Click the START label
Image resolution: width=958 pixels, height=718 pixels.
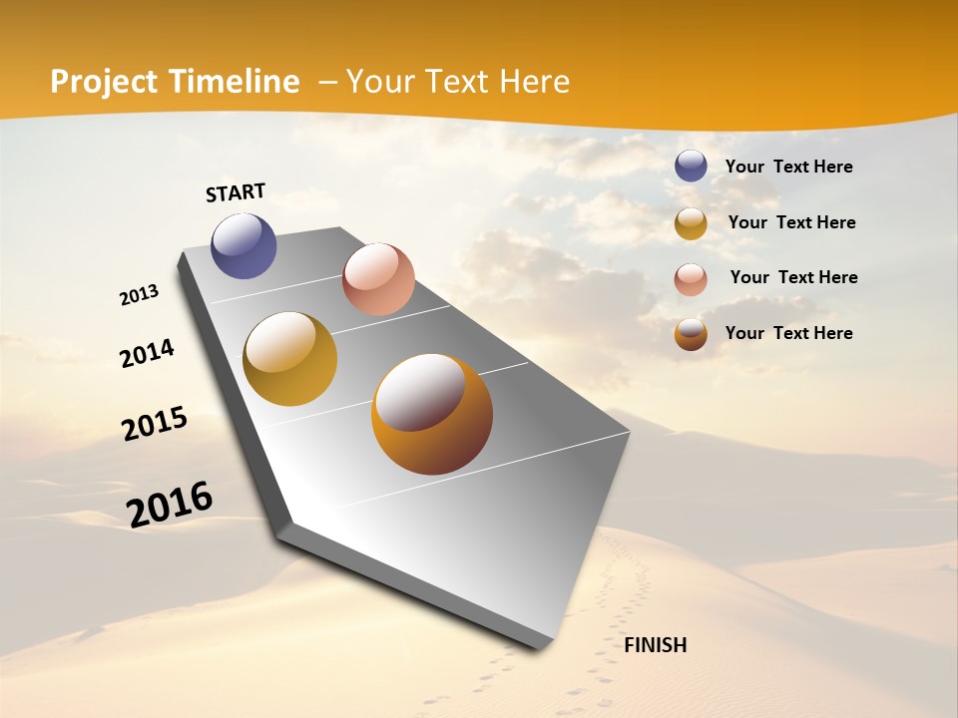coord(236,192)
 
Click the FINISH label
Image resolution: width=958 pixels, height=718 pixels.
coord(656,645)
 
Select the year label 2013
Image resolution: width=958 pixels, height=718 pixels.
coord(139,295)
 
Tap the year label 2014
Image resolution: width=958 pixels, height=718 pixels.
coord(147,353)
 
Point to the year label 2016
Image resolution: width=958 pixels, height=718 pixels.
coord(170,505)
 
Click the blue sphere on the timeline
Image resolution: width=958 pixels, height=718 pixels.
coord(243,245)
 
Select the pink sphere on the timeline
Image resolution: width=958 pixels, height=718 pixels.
coord(378,278)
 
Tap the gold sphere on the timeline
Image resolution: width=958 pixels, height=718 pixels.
coord(289,359)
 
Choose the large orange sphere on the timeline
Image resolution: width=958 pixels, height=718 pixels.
coord(431,414)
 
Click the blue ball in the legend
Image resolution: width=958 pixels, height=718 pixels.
coord(691,166)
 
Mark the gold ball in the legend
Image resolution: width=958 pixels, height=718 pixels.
coord(691,223)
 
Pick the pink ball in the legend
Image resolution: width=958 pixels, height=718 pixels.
coord(691,279)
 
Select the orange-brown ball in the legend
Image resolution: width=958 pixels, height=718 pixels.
coord(691,334)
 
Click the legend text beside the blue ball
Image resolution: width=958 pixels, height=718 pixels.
coord(788,168)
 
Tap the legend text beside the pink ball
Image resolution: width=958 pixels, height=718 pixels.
coord(793,277)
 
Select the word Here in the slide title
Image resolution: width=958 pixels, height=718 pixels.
coord(534,82)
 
